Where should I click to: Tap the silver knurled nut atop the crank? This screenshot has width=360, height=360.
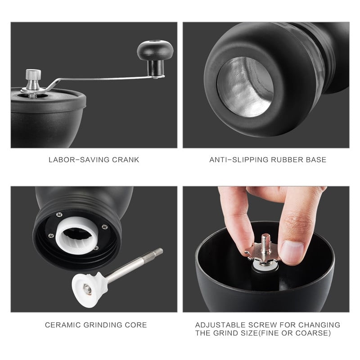pyautogui.click(x=32, y=75)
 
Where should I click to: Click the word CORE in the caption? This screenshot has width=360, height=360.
pyautogui.click(x=137, y=325)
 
